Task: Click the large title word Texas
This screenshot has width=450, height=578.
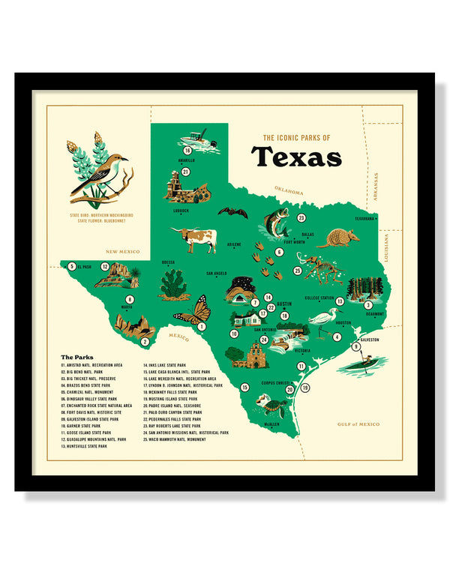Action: tap(296, 157)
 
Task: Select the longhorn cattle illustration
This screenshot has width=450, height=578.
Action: tap(196, 239)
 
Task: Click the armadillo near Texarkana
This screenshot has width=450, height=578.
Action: tap(338, 238)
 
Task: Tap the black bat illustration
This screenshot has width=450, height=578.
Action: tap(232, 213)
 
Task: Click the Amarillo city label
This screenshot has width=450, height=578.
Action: tap(186, 160)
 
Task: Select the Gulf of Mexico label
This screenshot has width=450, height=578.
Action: tap(358, 424)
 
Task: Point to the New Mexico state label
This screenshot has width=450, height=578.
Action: tap(123, 252)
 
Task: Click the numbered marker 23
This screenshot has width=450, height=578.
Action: tap(301, 217)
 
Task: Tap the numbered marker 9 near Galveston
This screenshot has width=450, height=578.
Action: tap(357, 346)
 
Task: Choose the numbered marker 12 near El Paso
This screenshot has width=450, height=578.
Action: tap(106, 266)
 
